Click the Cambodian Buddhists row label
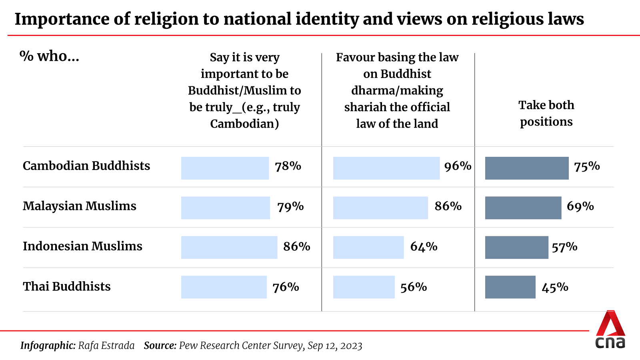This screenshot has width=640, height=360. pyautogui.click(x=86, y=166)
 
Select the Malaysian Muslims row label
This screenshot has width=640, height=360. pyautogui.click(x=80, y=206)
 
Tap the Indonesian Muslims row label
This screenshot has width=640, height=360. pyautogui.click(x=82, y=246)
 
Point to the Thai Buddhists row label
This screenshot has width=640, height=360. pyautogui.click(x=67, y=286)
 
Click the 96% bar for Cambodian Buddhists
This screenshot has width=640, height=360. pyautogui.click(x=386, y=168)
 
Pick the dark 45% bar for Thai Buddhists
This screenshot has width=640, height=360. pyautogui.click(x=510, y=287)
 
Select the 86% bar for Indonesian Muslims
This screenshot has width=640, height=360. pyautogui.click(x=229, y=248)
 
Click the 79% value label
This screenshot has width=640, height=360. pyautogui.click(x=290, y=206)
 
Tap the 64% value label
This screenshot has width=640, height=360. pyautogui.click(x=424, y=247)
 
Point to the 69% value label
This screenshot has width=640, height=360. pyautogui.click(x=580, y=206)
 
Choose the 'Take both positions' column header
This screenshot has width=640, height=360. pyautogui.click(x=546, y=113)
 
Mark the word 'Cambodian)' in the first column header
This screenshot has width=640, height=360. pyautogui.click(x=244, y=124)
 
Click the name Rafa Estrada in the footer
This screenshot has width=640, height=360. pyautogui.click(x=106, y=346)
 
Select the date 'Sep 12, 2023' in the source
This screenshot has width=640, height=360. pyautogui.click(x=335, y=346)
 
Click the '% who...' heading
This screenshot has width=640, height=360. pyautogui.click(x=49, y=56)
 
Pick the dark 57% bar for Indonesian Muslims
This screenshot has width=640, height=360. pyautogui.click(x=516, y=248)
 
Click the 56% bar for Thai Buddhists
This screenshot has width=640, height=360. pyautogui.click(x=364, y=287)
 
